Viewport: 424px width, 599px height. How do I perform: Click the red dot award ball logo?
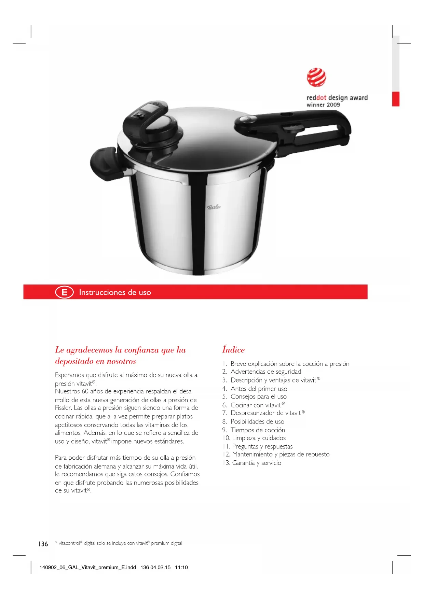(316, 78)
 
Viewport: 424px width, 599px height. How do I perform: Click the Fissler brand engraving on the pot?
(214, 207)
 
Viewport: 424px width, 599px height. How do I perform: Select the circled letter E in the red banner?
(64, 292)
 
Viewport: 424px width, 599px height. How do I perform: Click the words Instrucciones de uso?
(115, 292)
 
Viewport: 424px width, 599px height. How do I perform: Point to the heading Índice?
(233, 350)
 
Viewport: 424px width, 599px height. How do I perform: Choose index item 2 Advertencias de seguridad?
(265, 372)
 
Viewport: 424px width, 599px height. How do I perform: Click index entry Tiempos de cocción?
(258, 430)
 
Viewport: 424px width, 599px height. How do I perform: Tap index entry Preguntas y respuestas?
(262, 446)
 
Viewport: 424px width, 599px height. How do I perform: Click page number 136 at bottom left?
(43, 544)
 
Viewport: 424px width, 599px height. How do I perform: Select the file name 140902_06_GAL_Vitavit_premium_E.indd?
(87, 567)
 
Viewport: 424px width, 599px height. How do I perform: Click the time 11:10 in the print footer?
(181, 567)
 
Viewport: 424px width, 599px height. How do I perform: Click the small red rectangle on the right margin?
(395, 99)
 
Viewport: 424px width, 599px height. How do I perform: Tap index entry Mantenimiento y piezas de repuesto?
(281, 454)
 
